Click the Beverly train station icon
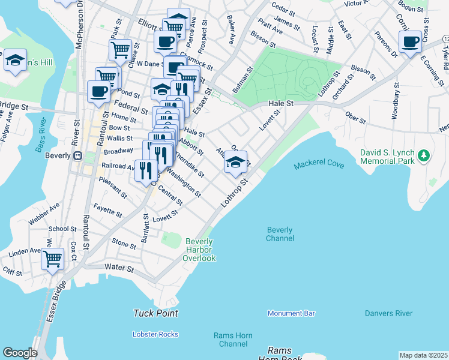pyautogui.click(x=77, y=155)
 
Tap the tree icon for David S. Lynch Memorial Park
pyautogui.click(x=424, y=156)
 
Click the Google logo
pyautogui.click(x=20, y=353)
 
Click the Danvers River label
pyautogui.click(x=388, y=313)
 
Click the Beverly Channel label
pyautogui.click(x=280, y=234)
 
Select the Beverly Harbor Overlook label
pyautogui.click(x=200, y=250)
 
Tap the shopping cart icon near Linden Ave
pyautogui.click(x=52, y=259)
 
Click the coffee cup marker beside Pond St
pyautogui.click(x=98, y=91)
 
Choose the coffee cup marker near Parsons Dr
pyautogui.click(x=411, y=42)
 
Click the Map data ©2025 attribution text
pyautogui.click(x=423, y=355)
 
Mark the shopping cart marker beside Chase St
pyautogui.click(x=121, y=49)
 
